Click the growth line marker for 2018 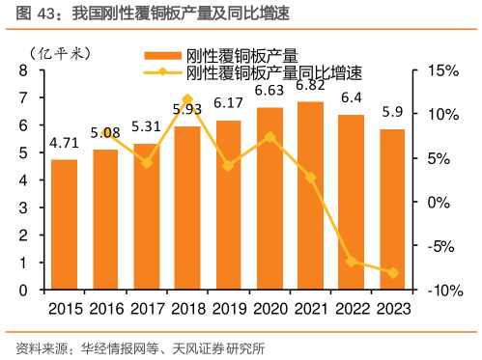point(187,98)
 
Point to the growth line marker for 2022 point(352,262)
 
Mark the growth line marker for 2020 point(269,136)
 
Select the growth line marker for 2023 point(392,273)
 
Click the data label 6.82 point(310,85)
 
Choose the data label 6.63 point(269,91)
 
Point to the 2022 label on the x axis point(352,307)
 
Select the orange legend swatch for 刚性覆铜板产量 point(162,55)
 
